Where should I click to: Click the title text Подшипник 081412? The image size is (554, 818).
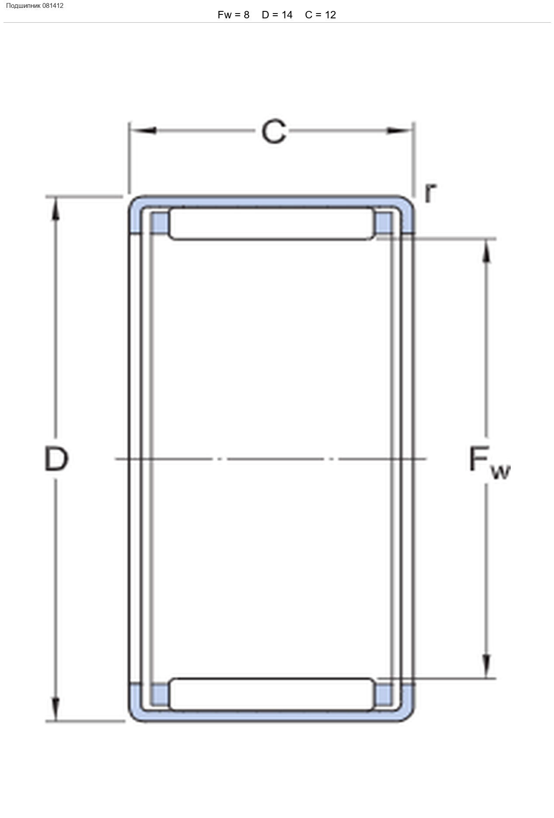coord(35,6)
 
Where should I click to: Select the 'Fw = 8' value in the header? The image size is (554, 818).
coord(233,15)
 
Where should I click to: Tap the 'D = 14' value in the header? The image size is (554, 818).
coord(277,15)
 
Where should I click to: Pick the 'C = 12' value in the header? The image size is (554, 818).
coord(320,15)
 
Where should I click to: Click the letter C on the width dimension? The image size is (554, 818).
coord(274,131)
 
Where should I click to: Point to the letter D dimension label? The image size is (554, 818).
coord(56,459)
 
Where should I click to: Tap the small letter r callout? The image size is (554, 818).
coord(430,193)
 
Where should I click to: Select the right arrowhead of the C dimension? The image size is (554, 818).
coord(399,131)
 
